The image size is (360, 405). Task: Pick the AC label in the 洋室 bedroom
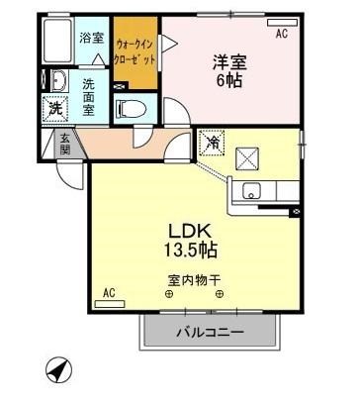(x=281, y=34)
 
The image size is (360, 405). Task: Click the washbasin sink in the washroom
(x=56, y=81)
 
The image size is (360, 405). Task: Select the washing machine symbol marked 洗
(x=55, y=109)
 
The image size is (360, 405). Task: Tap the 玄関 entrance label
(x=64, y=145)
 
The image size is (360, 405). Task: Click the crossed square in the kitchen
(x=249, y=156)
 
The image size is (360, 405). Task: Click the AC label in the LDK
(x=111, y=293)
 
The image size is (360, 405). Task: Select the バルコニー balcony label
(x=209, y=331)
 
